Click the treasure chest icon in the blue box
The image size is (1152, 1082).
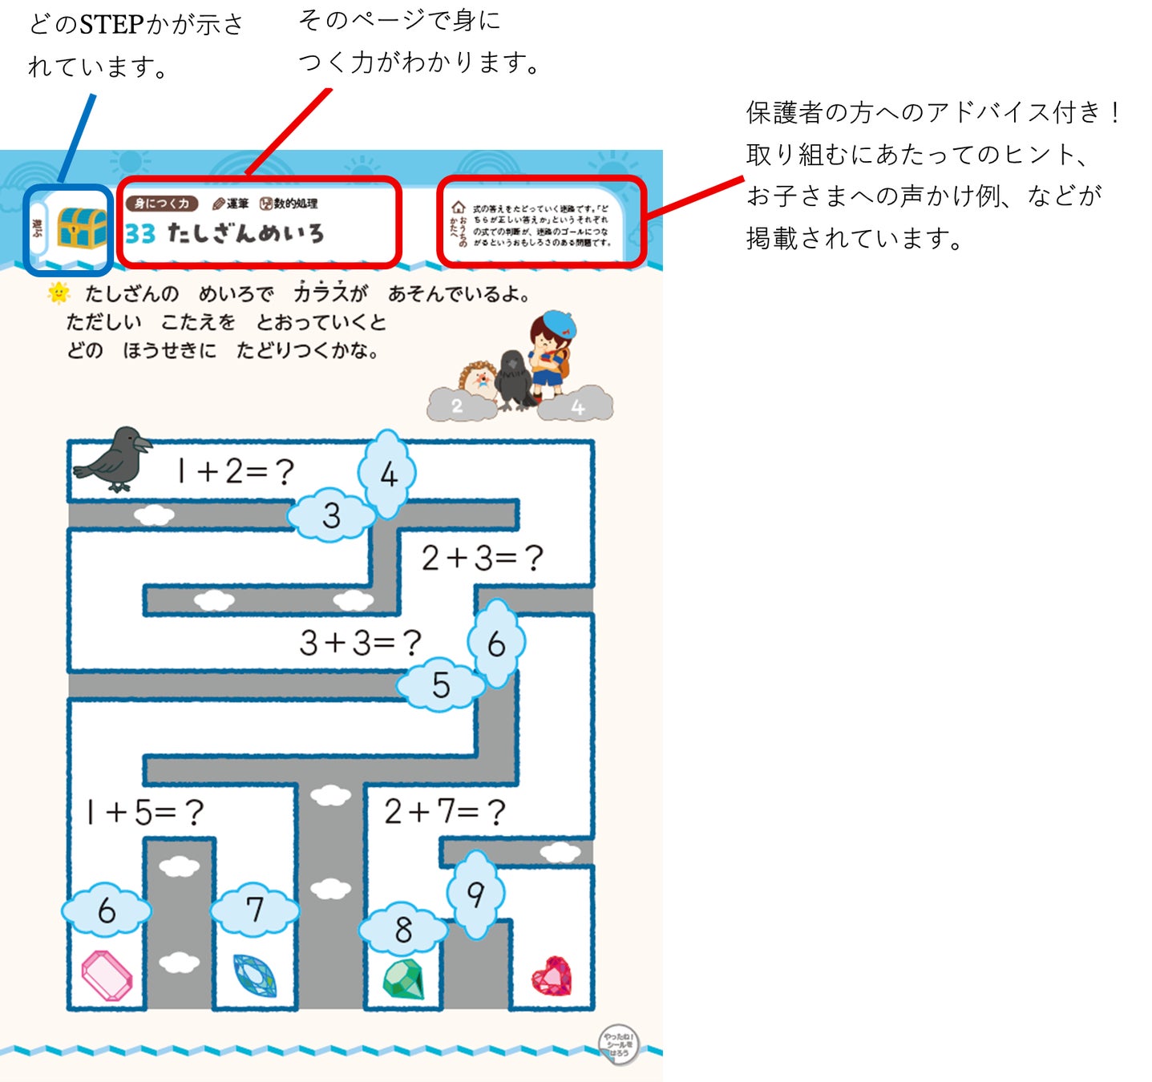pyautogui.click(x=82, y=228)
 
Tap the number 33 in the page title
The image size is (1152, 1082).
pyautogui.click(x=140, y=233)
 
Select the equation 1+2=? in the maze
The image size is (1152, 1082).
pyautogui.click(x=236, y=471)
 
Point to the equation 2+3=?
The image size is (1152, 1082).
pyautogui.click(x=483, y=558)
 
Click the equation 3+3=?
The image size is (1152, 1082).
pyautogui.click(x=360, y=643)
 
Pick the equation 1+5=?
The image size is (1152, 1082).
pyautogui.click(x=145, y=813)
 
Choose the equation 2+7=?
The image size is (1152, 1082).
pyautogui.click(x=445, y=812)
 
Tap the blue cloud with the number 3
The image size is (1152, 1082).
pyautogui.click(x=331, y=515)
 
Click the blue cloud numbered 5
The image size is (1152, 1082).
pyautogui.click(x=441, y=685)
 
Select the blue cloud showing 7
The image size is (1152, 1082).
pyautogui.click(x=254, y=910)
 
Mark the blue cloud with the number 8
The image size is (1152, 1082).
pyautogui.click(x=403, y=930)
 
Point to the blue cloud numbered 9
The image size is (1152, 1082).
pyautogui.click(x=476, y=894)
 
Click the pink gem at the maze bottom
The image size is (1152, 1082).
pyautogui.click(x=107, y=975)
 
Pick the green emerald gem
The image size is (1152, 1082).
pyautogui.click(x=403, y=979)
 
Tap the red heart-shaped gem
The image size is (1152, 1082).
pyautogui.click(x=552, y=975)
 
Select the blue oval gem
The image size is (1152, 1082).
pyautogui.click(x=254, y=975)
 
